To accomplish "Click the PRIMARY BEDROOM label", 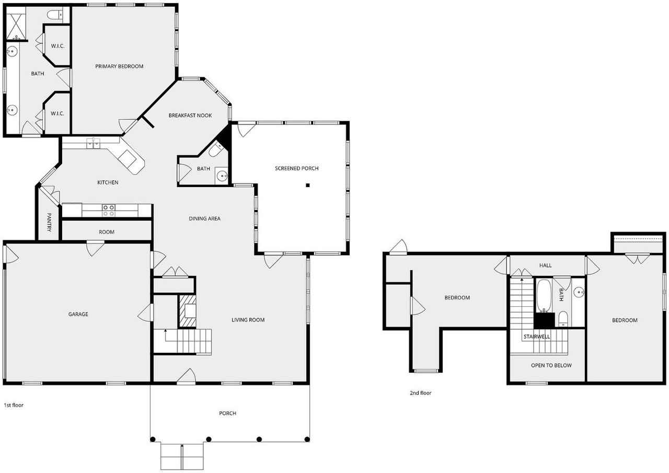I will coord(119,66).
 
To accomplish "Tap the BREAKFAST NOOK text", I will coord(190,115).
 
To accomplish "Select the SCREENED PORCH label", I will coord(297,168).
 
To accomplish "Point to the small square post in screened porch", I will coord(308,185).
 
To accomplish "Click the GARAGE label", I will coord(78,314).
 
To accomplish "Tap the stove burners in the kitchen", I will coord(109,210).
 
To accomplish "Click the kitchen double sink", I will coord(94,143).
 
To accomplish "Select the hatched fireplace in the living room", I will coord(187,312).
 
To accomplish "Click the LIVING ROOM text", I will coord(248,320).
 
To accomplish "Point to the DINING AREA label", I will coord(204,218).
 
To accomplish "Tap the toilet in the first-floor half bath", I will coord(215,151).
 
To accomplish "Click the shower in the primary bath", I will coord(17,24).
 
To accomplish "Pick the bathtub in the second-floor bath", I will coord(544,295).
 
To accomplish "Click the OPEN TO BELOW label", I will coord(551,365).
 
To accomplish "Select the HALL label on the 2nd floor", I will coord(545,266).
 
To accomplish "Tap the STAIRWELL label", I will coord(537,337).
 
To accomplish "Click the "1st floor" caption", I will coord(14,405).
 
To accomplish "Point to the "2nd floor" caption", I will coord(420,393).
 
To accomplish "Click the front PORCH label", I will coord(227,413).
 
